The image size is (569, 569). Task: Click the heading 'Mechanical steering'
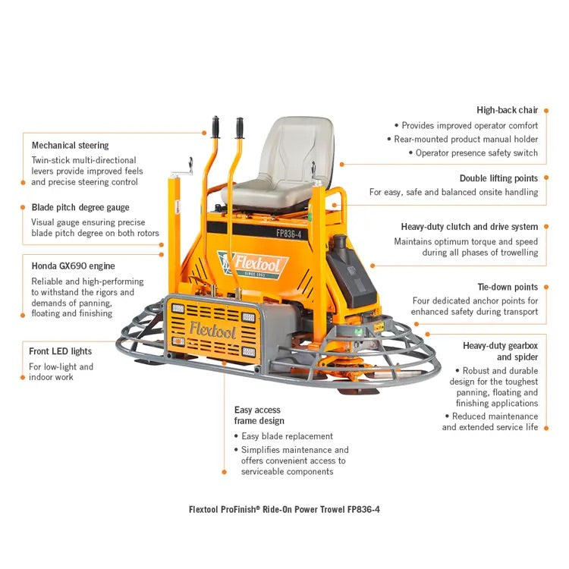(x=70, y=145)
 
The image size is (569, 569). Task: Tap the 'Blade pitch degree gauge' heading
(x=80, y=207)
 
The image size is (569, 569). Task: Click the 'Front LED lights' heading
(x=60, y=351)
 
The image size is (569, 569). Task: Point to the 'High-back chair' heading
(x=507, y=110)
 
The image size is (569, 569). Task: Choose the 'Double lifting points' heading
(x=498, y=178)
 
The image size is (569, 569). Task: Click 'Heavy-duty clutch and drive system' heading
(x=469, y=227)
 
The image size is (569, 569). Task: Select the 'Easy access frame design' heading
(x=259, y=415)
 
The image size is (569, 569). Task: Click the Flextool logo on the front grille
(x=212, y=330)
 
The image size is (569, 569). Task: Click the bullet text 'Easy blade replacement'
(x=287, y=436)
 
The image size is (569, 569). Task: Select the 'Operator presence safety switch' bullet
(x=476, y=152)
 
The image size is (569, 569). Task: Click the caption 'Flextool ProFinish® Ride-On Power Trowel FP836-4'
(x=284, y=509)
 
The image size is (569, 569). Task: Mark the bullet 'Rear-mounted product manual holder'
(x=466, y=139)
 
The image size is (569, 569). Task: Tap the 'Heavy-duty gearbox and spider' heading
(x=500, y=351)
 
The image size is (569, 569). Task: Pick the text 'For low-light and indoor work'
(x=61, y=372)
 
